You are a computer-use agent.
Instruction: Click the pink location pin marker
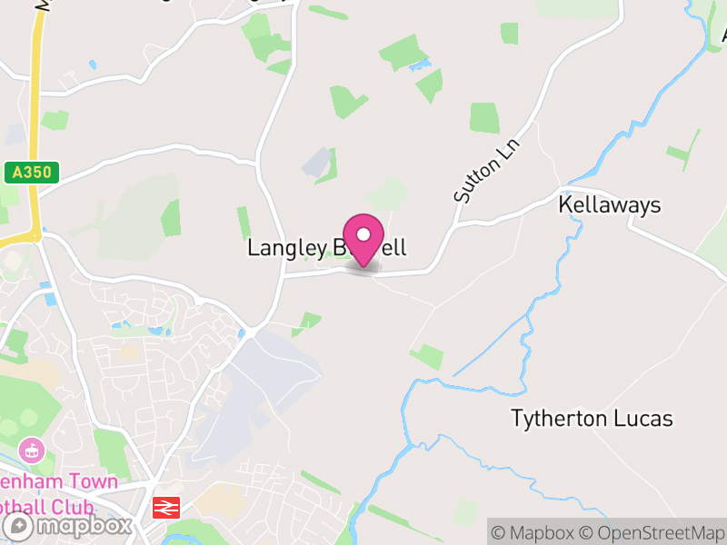click(363, 238)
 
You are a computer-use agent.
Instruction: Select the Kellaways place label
click(609, 205)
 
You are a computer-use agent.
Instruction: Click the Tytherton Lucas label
click(592, 419)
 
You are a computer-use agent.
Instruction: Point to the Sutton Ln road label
click(478, 171)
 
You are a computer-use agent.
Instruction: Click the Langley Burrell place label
click(326, 248)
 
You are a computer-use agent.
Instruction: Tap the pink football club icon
click(33, 449)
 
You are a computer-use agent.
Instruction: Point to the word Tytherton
click(556, 419)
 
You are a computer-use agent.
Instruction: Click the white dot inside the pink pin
click(363, 233)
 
